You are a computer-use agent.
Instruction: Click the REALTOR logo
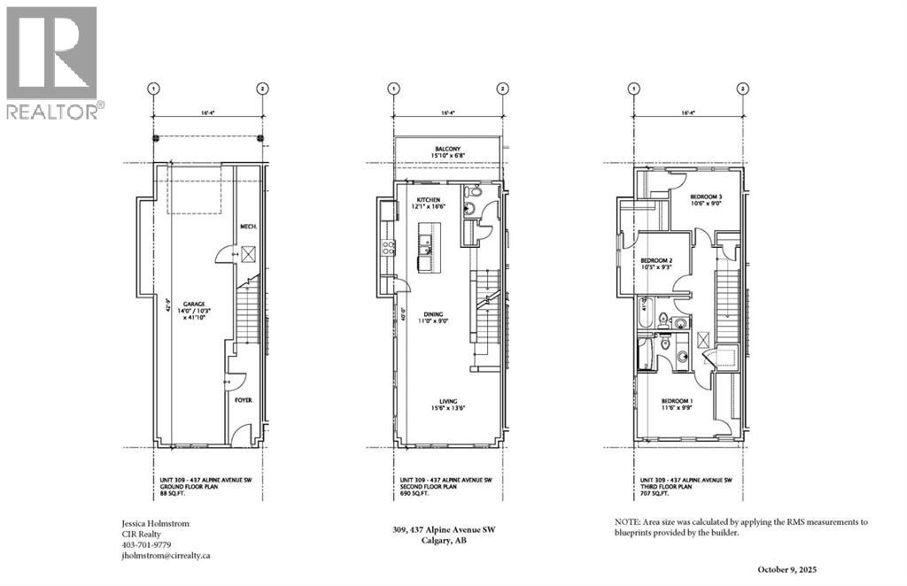(52, 61)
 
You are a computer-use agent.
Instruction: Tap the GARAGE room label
(183, 302)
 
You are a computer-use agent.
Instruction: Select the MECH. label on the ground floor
(248, 227)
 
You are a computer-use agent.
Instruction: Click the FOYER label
(243, 400)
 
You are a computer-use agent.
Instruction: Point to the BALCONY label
(447, 149)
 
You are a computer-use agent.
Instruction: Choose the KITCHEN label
(428, 201)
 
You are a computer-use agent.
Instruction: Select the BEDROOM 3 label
(708, 197)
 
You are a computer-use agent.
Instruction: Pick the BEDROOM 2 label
(656, 260)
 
